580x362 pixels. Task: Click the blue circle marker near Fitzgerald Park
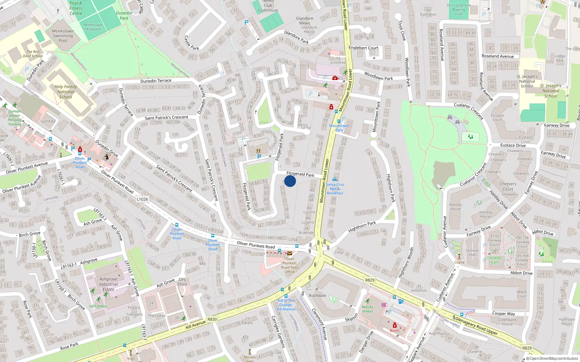[x=290, y=181]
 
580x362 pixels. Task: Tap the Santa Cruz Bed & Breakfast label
[x=335, y=189]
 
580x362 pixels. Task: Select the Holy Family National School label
[x=66, y=92]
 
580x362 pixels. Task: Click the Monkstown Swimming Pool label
[x=63, y=35]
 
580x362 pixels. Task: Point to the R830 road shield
[x=212, y=319]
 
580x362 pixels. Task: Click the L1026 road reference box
[x=142, y=199]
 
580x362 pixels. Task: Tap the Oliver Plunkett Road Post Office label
[x=289, y=265]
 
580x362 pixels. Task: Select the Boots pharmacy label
[x=395, y=331]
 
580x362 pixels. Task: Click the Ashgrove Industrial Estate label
[x=108, y=284]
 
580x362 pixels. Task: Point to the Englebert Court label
[x=363, y=48]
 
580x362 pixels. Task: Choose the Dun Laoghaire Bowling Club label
[x=459, y=10]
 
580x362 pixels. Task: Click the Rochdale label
[x=317, y=295]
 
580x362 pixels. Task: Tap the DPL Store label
[x=182, y=282]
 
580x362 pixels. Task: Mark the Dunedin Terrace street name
[x=156, y=81]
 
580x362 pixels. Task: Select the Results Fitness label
[x=367, y=309]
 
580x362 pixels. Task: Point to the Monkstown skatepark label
[x=93, y=27]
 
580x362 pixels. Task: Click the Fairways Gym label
[x=495, y=260]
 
